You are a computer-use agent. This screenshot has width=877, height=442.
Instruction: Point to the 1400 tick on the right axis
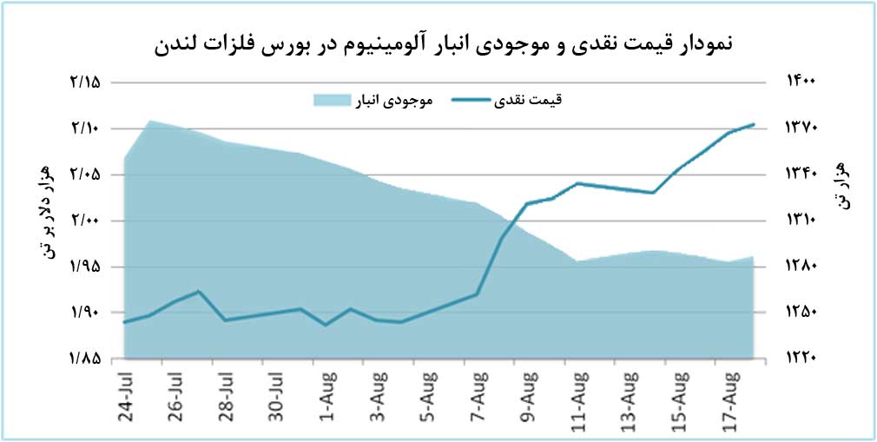point(801,82)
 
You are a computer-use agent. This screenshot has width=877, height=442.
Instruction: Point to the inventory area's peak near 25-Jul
point(150,121)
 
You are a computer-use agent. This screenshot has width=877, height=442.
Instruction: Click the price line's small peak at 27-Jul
point(200,291)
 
